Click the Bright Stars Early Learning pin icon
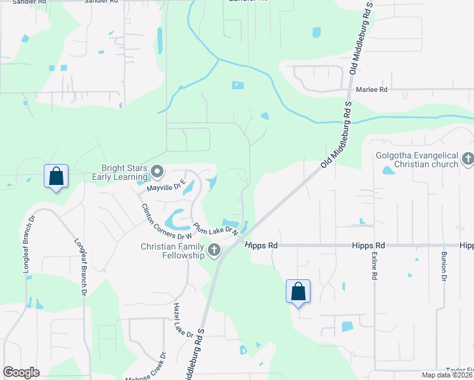coord(157,172)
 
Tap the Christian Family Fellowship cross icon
coord(214,250)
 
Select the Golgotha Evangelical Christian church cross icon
coord(468,159)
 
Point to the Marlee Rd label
coord(371,90)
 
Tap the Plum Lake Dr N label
coord(215,228)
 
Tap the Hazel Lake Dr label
coord(182,320)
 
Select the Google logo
coord(21,372)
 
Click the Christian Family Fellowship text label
coord(173,251)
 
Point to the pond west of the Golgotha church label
coord(388,170)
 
